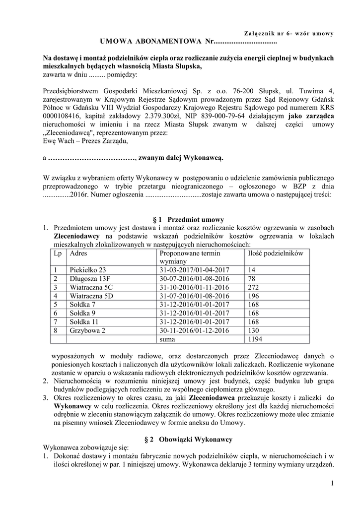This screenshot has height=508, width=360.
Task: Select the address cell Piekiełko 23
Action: point(88,270)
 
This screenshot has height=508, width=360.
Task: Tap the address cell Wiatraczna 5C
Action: point(91,287)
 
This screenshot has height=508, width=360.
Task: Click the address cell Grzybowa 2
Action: point(88,331)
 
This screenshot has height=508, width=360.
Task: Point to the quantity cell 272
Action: point(253,287)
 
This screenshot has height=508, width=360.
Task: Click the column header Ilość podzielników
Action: point(275,253)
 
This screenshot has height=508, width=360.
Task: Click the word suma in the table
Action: point(167,339)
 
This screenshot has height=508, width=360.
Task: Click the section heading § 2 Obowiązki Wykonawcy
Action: point(188,440)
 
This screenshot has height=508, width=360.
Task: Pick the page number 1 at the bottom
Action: point(331,483)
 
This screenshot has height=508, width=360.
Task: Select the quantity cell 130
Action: point(253,331)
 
